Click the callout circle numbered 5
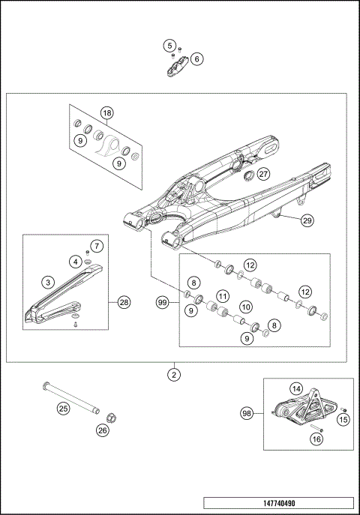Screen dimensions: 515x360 click(170, 46)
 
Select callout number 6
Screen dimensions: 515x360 click(196, 58)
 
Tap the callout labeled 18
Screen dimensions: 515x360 click(107, 113)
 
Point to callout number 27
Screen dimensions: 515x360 click(262, 174)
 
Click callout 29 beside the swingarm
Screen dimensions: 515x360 click(307, 221)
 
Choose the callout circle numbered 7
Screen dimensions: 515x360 click(97, 246)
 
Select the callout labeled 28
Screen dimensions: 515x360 click(124, 302)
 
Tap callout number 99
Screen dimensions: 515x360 click(161, 302)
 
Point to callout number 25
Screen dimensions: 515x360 click(64, 409)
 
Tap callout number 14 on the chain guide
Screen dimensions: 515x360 click(296, 389)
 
